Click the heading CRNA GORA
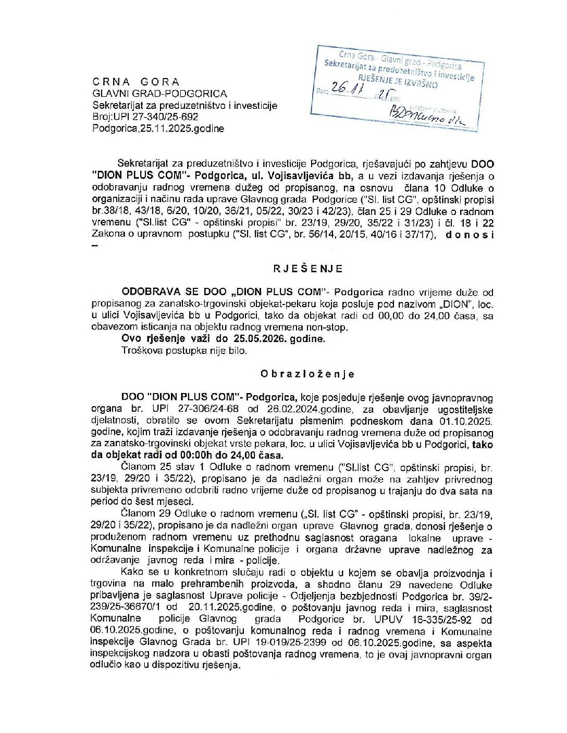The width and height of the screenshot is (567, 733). tap(136, 82)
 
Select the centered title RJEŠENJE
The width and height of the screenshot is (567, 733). tap(308, 269)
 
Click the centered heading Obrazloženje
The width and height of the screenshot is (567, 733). tap(307, 374)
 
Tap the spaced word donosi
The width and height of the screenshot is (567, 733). tap(469, 235)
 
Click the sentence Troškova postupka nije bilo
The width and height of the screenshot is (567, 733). tap(184, 350)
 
